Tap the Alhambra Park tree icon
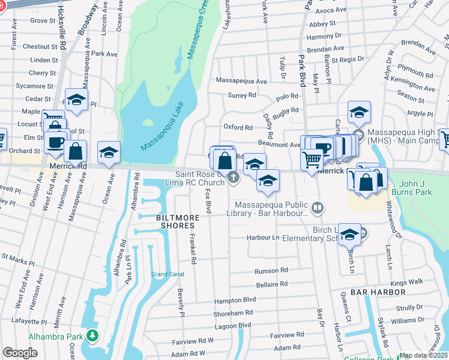click(92, 334)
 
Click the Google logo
click(20, 353)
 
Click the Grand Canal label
click(167, 274)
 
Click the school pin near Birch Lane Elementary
click(349, 235)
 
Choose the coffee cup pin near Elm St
click(56, 142)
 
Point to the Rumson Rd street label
click(271, 270)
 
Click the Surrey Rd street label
click(242, 95)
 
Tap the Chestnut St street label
click(40, 46)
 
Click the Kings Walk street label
click(407, 281)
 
